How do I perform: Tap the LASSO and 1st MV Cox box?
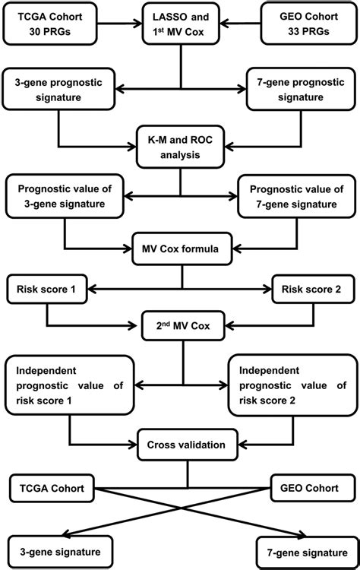coord(179,22)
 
